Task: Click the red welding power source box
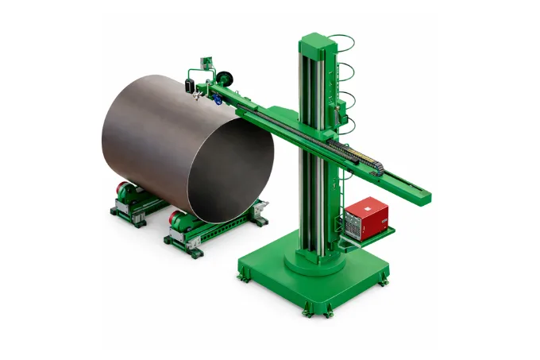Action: click(367, 215)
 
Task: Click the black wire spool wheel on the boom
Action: click(227, 78)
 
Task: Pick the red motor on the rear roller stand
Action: click(125, 192)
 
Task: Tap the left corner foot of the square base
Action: click(242, 274)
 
